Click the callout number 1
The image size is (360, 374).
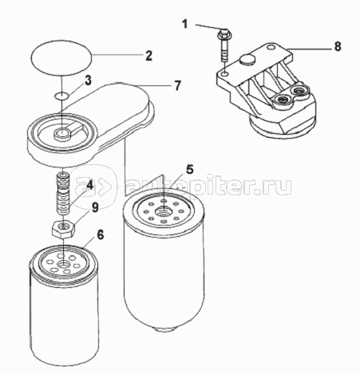[x=185, y=25]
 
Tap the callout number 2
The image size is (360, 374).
[x=148, y=56]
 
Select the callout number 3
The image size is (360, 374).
[x=88, y=81]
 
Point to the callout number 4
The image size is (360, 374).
[x=89, y=184]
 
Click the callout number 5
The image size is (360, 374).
[x=189, y=170]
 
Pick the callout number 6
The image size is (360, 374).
[x=101, y=234]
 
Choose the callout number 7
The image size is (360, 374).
[x=178, y=85]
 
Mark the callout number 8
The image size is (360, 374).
[x=338, y=46]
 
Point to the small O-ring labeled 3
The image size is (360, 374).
[x=61, y=95]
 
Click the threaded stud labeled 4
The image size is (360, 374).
[x=63, y=193]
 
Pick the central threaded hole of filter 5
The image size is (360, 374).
[x=162, y=212]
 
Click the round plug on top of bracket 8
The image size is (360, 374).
[x=246, y=60]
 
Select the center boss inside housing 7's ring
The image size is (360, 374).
[x=63, y=133]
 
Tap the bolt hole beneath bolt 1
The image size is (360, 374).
[x=225, y=73]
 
